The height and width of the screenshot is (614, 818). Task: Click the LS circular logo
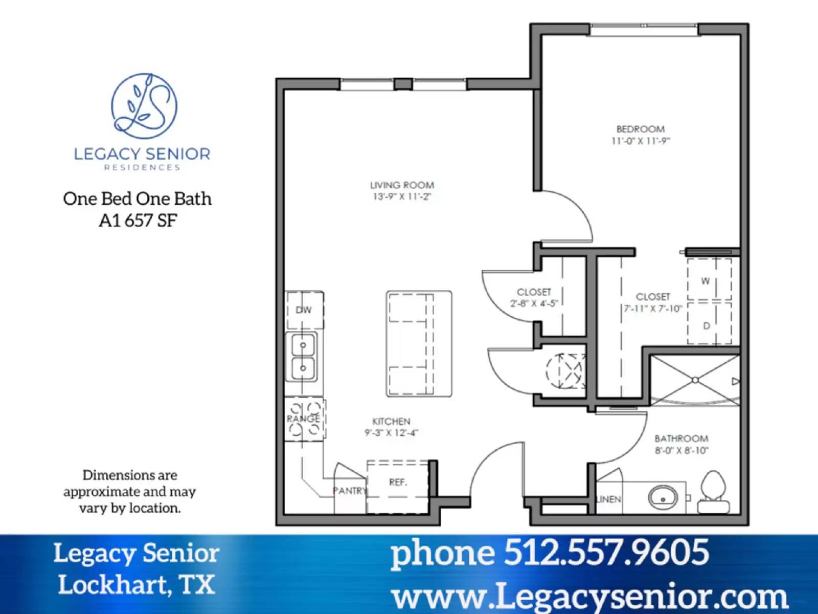pyautogui.click(x=144, y=106)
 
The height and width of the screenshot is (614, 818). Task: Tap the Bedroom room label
pyautogui.click(x=640, y=129)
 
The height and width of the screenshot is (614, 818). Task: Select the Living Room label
pyautogui.click(x=402, y=185)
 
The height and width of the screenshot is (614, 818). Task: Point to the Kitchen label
pyautogui.click(x=391, y=422)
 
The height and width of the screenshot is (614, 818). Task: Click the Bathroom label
pyautogui.click(x=681, y=439)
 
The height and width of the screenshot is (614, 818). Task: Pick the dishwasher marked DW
pyautogui.click(x=304, y=310)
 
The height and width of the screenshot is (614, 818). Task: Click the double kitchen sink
pyautogui.click(x=303, y=357)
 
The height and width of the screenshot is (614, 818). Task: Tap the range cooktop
pyautogui.click(x=305, y=420)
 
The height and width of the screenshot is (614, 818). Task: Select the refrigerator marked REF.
pyautogui.click(x=398, y=483)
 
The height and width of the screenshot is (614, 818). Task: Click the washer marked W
pyautogui.click(x=709, y=280)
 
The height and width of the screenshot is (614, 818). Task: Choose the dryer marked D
pyautogui.click(x=709, y=325)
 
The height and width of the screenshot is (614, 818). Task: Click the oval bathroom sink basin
pyautogui.click(x=663, y=497)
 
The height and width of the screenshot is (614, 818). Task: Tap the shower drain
pyautogui.click(x=695, y=380)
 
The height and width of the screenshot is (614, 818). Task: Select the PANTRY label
pyautogui.click(x=350, y=491)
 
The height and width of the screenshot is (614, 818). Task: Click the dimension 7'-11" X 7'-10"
pyautogui.click(x=653, y=309)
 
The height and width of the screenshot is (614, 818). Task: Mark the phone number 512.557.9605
pyautogui.click(x=606, y=553)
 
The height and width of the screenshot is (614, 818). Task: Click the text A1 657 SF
pyautogui.click(x=138, y=221)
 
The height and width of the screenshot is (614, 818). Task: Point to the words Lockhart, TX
pyautogui.click(x=136, y=584)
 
